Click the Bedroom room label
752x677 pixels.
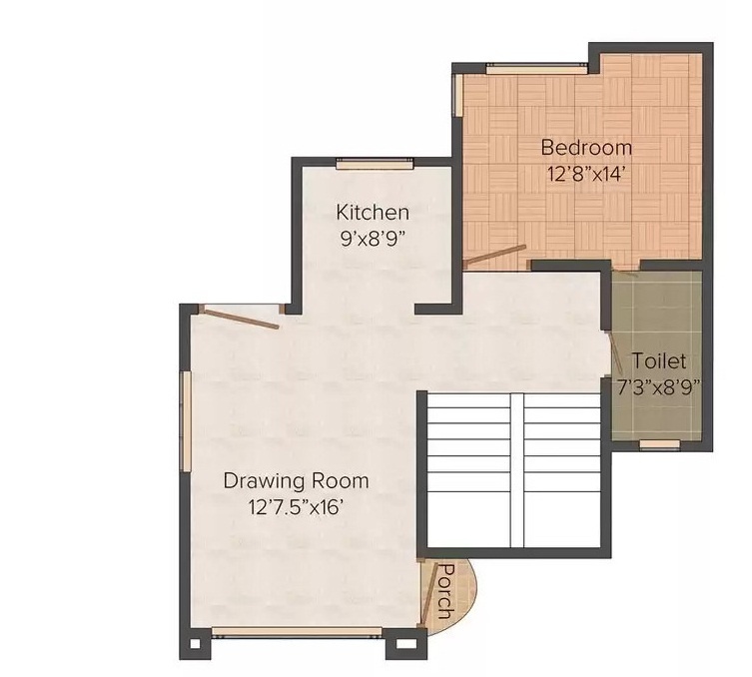click(586, 148)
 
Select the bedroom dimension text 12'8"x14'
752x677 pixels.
click(586, 174)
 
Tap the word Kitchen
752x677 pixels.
click(373, 212)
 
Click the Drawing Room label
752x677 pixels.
click(296, 480)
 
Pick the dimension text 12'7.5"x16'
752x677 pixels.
click(296, 506)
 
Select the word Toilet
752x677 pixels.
click(659, 360)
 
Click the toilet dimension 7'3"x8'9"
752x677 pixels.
click(659, 385)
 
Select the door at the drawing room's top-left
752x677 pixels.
click(239, 318)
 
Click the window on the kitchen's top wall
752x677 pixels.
click(375, 164)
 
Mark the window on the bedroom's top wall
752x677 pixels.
click(536, 68)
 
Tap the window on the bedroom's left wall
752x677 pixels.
click(457, 94)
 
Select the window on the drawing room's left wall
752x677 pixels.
click(186, 420)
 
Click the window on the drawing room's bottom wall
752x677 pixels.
click(298, 631)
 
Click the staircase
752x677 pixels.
click(512, 469)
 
